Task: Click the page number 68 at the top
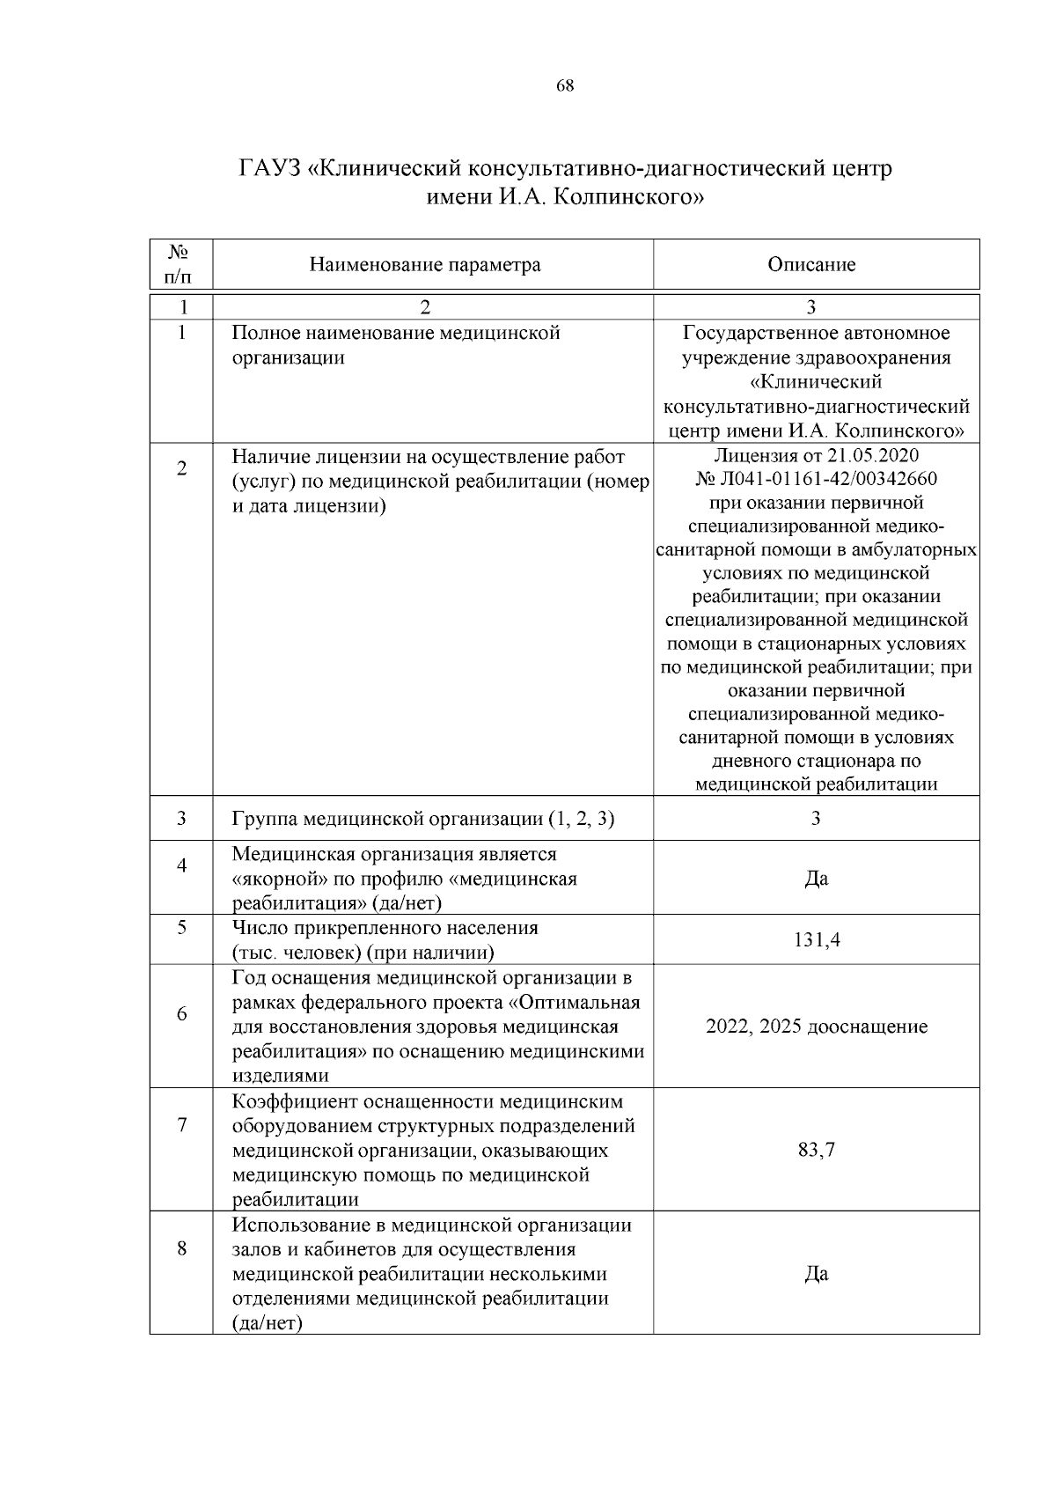point(565,85)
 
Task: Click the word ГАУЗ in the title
point(269,167)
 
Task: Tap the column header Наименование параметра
point(425,265)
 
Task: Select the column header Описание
point(811,265)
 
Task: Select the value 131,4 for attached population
point(817,940)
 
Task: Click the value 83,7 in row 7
point(817,1150)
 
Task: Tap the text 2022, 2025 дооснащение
point(817,1027)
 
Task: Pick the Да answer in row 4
point(817,879)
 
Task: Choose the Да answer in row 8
point(817,1274)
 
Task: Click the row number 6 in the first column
point(181,1014)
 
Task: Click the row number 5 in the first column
point(181,928)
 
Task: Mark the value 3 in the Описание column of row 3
point(817,819)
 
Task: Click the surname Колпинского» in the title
point(634,197)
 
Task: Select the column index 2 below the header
point(425,306)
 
